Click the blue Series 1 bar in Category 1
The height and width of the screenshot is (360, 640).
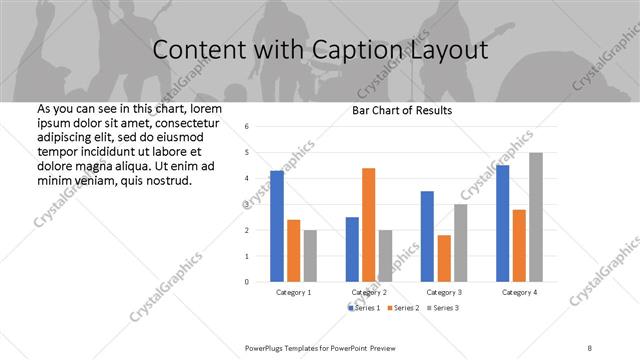(277, 226)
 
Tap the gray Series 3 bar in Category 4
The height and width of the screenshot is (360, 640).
(536, 217)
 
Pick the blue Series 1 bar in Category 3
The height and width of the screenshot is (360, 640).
(427, 236)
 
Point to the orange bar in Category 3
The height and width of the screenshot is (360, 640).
(444, 258)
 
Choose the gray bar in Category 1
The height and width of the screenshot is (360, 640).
(310, 256)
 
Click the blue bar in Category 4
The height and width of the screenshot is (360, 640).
(502, 223)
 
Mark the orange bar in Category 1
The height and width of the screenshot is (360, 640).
(294, 250)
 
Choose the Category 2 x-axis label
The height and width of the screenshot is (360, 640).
(369, 292)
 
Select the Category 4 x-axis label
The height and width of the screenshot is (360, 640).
(519, 292)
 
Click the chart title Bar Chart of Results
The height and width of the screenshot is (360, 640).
(403, 110)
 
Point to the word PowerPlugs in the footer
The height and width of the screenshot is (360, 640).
(267, 346)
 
